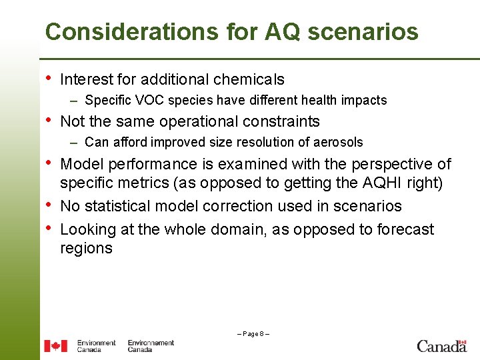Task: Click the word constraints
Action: (x=282, y=121)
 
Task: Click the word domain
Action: (x=233, y=229)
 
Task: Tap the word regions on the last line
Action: (x=86, y=249)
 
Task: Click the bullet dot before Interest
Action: (x=48, y=79)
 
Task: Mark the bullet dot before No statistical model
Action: (x=48, y=205)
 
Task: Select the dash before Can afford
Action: (x=77, y=142)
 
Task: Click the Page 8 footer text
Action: (x=253, y=334)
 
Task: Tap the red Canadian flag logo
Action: (x=56, y=346)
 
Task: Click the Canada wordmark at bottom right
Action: (x=441, y=345)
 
